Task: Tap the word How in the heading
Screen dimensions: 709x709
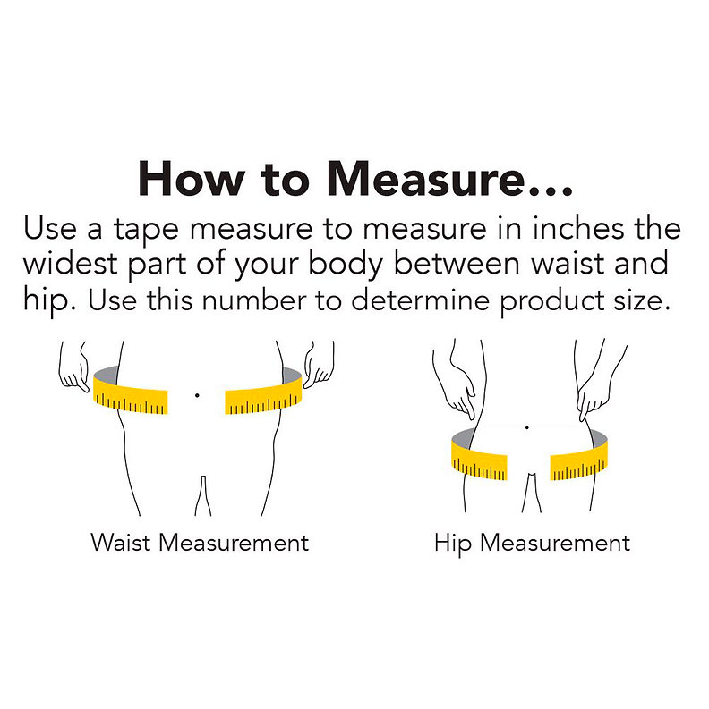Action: (x=192, y=178)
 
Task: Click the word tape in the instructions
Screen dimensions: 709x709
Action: (x=146, y=230)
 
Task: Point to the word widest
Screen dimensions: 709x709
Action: (x=70, y=263)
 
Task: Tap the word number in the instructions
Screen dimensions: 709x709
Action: (x=254, y=300)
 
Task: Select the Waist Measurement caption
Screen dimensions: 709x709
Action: (x=200, y=542)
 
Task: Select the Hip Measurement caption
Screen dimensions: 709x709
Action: (x=532, y=544)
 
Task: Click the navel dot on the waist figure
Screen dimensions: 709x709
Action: (x=197, y=395)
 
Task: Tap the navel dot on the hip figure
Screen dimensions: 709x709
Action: (x=527, y=427)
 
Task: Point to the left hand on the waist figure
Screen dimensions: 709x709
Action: (x=73, y=368)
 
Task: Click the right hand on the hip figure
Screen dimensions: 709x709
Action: (x=594, y=393)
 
